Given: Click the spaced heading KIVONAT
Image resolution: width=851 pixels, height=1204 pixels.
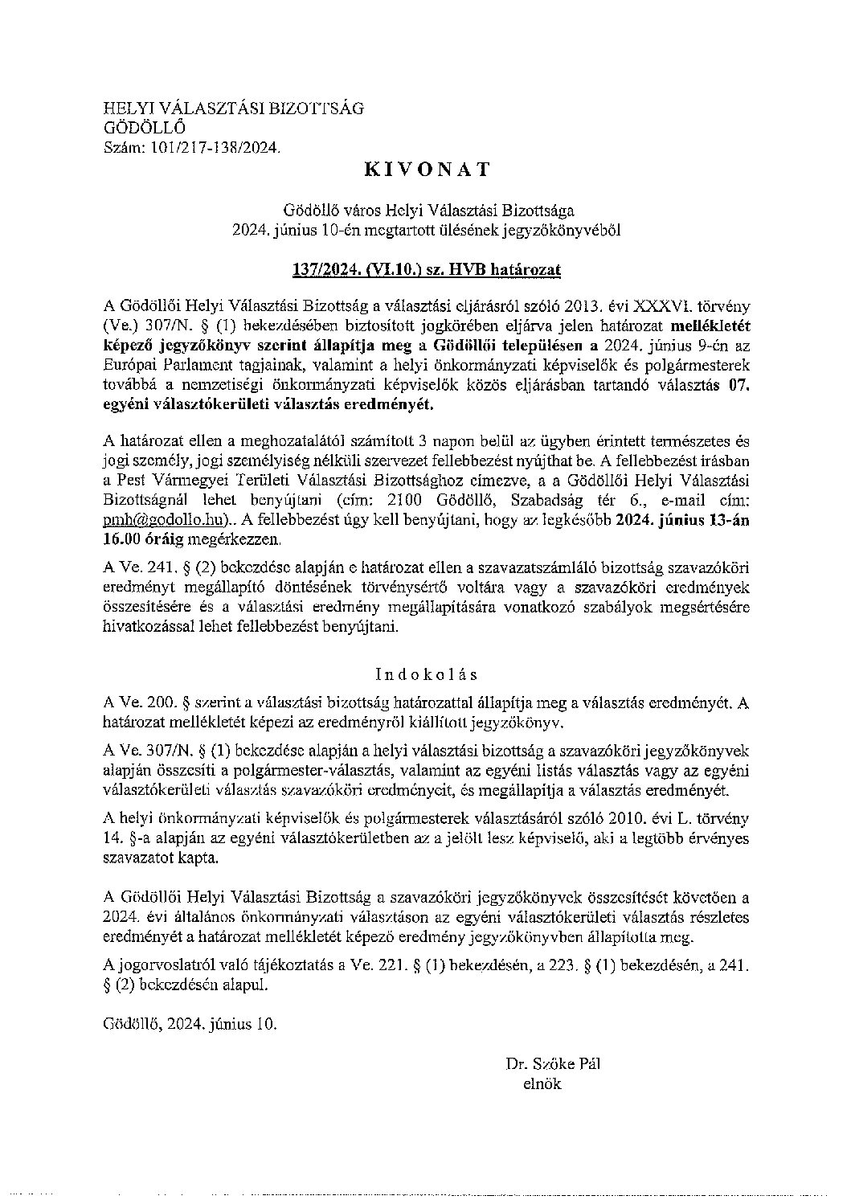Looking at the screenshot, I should coord(427,169).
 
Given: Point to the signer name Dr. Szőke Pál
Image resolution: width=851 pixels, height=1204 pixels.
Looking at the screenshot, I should coord(553,1066).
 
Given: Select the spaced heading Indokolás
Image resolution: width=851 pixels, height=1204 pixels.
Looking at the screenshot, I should coord(426,674).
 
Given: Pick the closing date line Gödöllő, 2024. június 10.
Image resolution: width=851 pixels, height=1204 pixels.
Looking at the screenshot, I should coord(190,1025).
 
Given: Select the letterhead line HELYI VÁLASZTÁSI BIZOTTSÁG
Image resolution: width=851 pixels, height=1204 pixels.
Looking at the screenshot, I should coord(234,109).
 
